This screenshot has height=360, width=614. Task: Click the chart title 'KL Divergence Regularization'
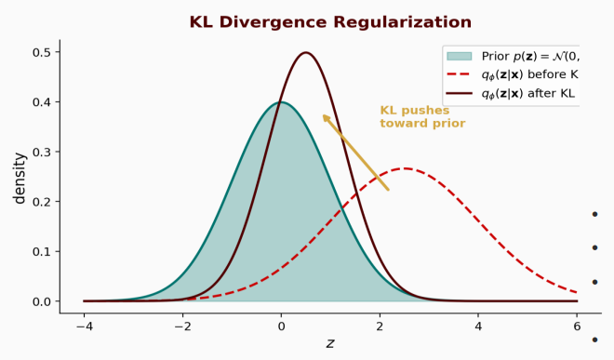point(330,22)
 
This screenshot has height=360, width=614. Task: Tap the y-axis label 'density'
point(20,178)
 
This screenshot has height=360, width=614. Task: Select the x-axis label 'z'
point(329,343)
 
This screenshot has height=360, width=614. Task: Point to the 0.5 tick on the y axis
point(41,52)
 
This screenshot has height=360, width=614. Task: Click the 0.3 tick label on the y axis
point(41,152)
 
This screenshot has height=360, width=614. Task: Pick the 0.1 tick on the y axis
point(41,251)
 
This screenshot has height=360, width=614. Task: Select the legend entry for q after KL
point(527,93)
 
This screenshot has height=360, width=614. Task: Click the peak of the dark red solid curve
point(306,53)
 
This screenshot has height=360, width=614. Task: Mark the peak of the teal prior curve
point(281,102)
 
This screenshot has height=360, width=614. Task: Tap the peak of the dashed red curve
point(405,168)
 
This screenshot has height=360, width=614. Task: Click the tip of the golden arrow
point(323,114)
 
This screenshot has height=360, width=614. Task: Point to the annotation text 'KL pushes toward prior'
point(422,117)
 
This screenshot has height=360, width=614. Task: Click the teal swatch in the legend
point(461,56)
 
